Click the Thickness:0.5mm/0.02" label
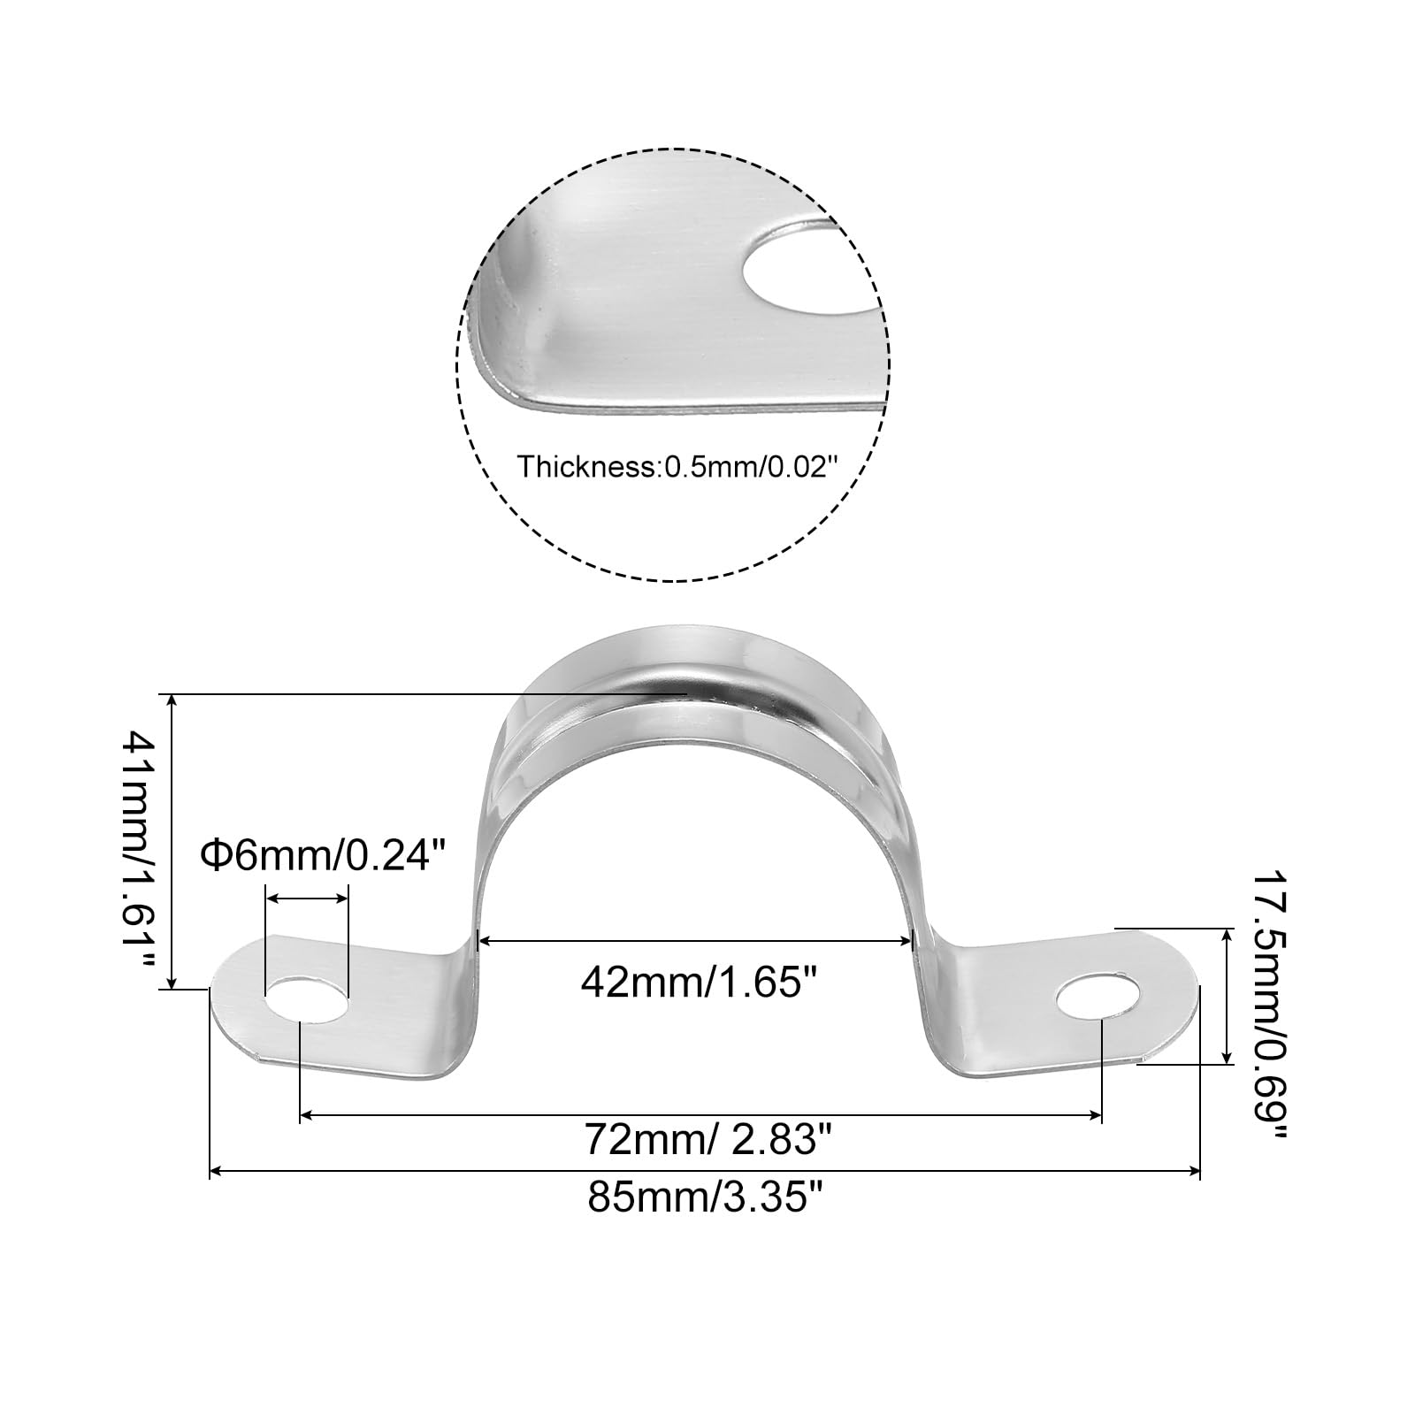[677, 467]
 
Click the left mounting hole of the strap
[307, 1000]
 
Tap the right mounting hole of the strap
[1098, 995]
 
